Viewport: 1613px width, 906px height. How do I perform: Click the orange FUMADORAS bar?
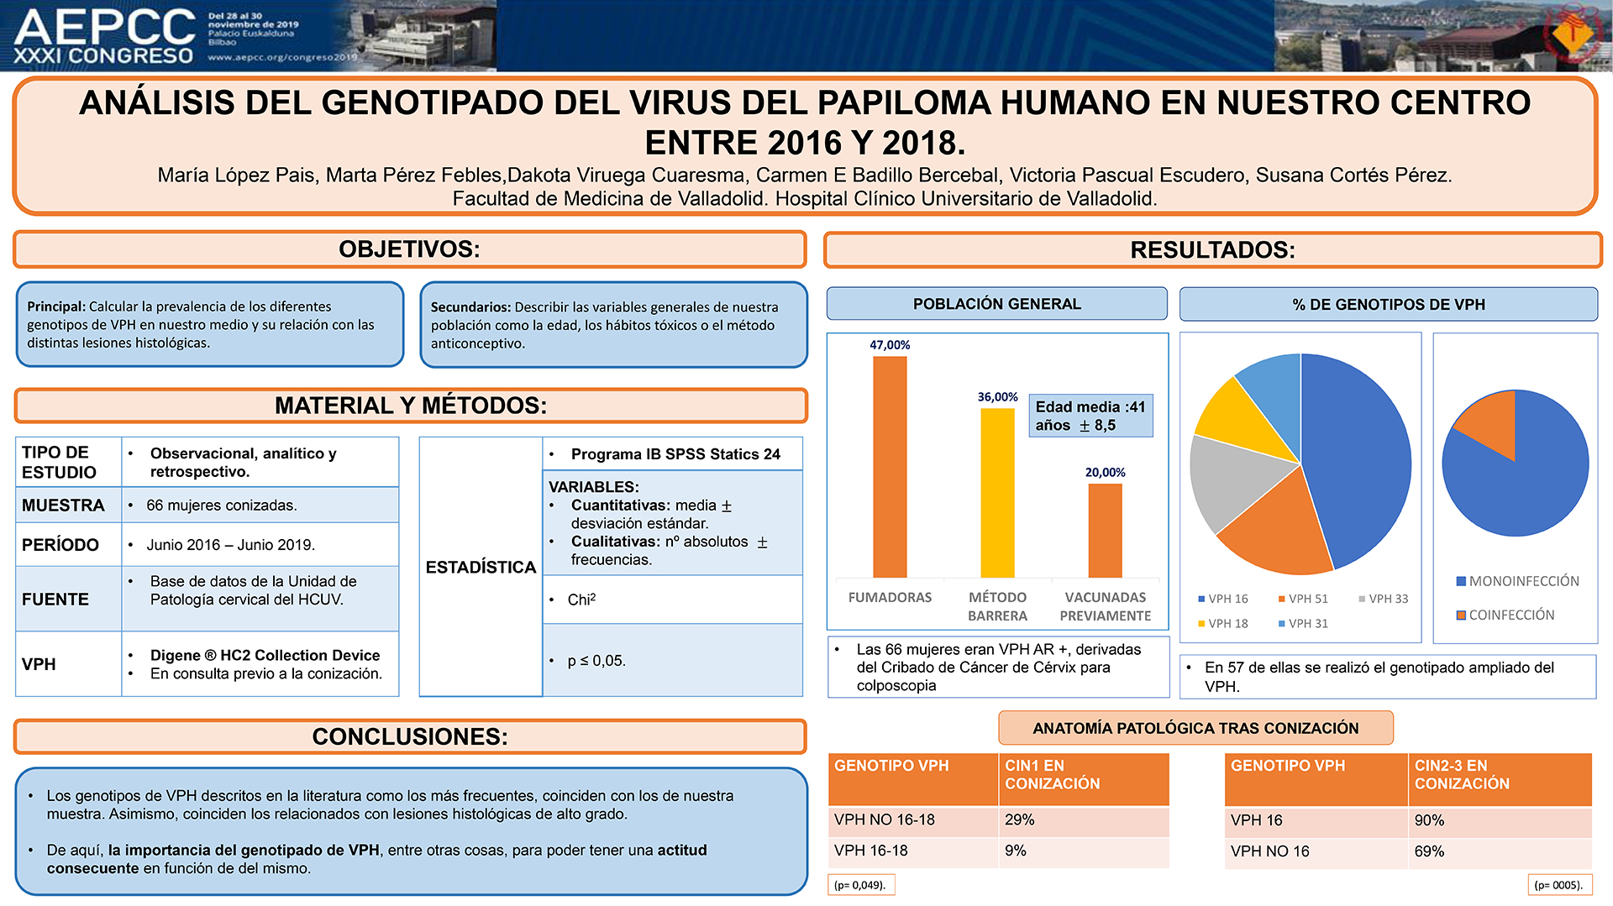click(890, 467)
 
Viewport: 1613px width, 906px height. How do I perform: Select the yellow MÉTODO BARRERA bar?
click(997, 493)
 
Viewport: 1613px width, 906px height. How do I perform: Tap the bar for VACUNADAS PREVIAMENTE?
click(1105, 531)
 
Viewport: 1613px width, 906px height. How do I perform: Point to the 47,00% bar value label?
click(890, 345)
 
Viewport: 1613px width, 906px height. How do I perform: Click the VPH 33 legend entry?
click(1383, 599)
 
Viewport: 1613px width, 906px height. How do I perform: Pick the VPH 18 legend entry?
click(1222, 623)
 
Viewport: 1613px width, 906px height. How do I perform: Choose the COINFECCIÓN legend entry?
click(1505, 615)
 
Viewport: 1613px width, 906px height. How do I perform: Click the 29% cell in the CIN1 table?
click(1020, 820)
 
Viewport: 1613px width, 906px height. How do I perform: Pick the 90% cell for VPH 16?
click(1429, 820)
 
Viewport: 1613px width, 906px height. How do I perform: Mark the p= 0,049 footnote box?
click(861, 885)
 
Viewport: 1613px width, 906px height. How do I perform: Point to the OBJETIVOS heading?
click(409, 249)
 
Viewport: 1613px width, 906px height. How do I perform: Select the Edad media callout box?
click(1090, 416)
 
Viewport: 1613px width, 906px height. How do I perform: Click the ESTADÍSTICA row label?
click(481, 567)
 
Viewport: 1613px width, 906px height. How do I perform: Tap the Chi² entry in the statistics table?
click(581, 600)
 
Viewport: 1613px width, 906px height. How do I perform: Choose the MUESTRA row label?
click(63, 505)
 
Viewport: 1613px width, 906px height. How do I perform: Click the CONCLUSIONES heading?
click(410, 736)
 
